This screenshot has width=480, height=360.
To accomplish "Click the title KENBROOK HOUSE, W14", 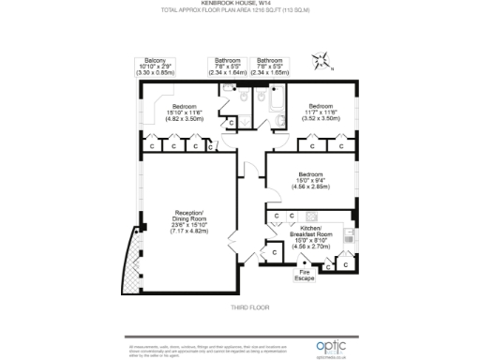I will tap(239, 5).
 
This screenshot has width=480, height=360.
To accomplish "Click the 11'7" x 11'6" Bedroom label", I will tap(321, 112).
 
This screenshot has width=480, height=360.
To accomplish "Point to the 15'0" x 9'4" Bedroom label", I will tap(311, 180).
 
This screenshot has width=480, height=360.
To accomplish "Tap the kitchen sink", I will tap(350, 254).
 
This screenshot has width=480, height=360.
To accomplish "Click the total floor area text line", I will tap(239, 12).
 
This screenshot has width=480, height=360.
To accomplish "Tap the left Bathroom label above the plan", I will tap(227, 65).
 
